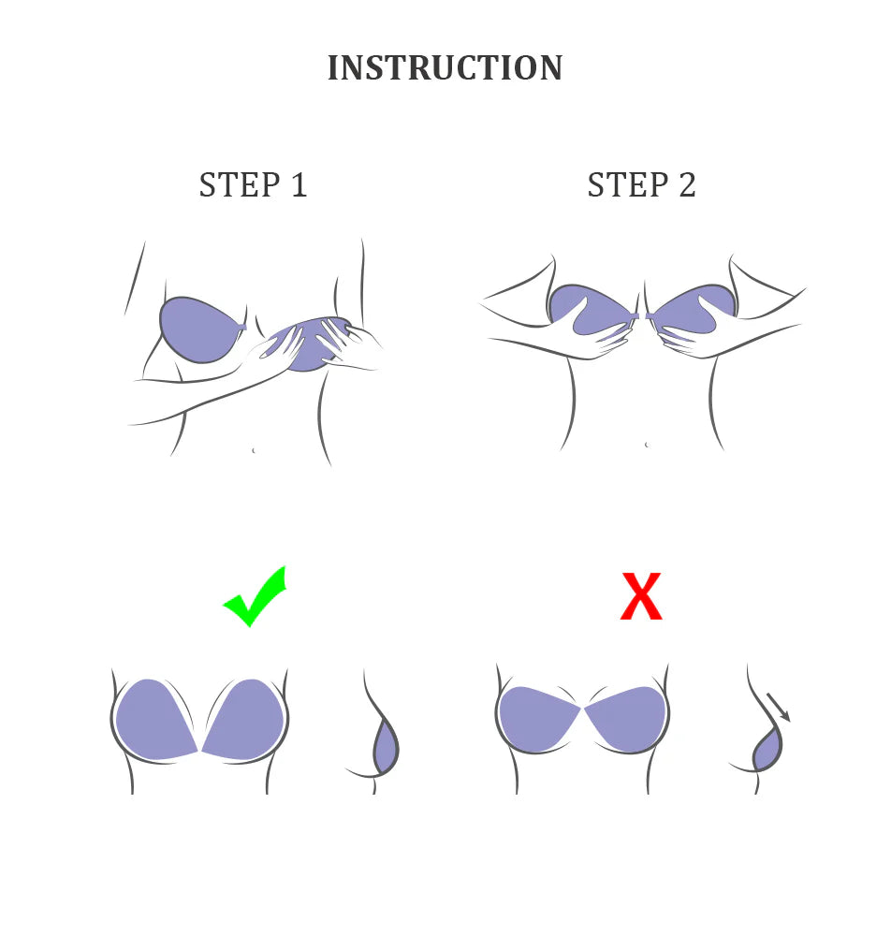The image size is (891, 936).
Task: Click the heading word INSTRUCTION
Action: tap(445, 67)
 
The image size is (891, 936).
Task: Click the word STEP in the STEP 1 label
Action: tap(240, 184)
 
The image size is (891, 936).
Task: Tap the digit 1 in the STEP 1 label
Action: tap(299, 184)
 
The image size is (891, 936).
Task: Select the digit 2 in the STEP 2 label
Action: tap(688, 184)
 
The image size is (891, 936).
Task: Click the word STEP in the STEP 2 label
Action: tap(628, 184)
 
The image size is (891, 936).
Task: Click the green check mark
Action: tap(256, 597)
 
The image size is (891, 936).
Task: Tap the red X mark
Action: tap(641, 595)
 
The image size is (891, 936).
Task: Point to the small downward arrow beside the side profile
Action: tap(778, 708)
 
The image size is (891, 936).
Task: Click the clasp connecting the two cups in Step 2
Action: tap(641, 315)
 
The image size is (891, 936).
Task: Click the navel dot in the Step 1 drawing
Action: tap(254, 450)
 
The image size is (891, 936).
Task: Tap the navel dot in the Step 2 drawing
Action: tap(647, 445)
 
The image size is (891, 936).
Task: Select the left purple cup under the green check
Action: tap(154, 719)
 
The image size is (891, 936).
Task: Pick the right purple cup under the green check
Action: tap(244, 719)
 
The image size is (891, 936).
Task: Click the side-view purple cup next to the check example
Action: tap(386, 747)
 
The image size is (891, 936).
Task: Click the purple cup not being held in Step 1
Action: tap(198, 329)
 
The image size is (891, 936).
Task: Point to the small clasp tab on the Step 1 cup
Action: tap(242, 327)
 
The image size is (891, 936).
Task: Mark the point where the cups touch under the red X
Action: tap(582, 708)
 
